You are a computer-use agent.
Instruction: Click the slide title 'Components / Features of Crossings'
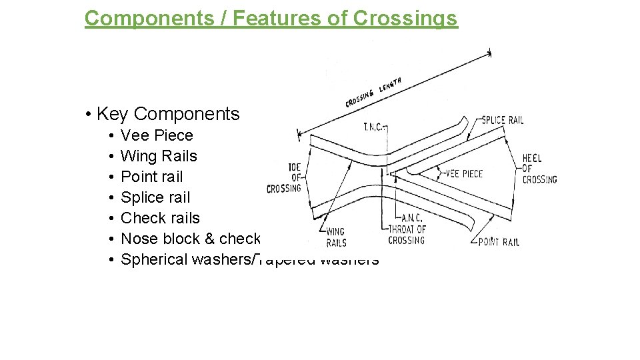pos(271,18)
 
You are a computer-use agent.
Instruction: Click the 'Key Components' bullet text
pos(167,114)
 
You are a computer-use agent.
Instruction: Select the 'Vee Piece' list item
pos(157,135)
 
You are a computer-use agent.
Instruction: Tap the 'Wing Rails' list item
pos(159,156)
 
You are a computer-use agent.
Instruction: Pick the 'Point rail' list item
pos(151,177)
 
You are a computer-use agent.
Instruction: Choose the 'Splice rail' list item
pos(155,197)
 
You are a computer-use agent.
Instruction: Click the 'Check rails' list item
pos(160,218)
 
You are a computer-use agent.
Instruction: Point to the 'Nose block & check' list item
pos(191,239)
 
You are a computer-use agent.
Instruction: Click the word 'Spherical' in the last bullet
pos(154,259)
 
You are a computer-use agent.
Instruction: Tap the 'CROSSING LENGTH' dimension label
pos(373,93)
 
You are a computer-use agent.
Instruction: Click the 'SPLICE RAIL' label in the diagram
pos(502,121)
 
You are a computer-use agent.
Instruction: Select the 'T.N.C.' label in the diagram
pos(373,127)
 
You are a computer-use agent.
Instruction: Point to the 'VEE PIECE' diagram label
pos(464,174)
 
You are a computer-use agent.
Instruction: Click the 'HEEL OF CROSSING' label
pos(539,169)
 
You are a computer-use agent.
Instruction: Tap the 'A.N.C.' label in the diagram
pos(411,218)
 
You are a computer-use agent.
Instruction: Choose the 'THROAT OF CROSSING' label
pos(407,235)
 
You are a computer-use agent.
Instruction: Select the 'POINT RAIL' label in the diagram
pos(499,242)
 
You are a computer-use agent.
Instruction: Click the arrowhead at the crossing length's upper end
pos(489,53)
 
